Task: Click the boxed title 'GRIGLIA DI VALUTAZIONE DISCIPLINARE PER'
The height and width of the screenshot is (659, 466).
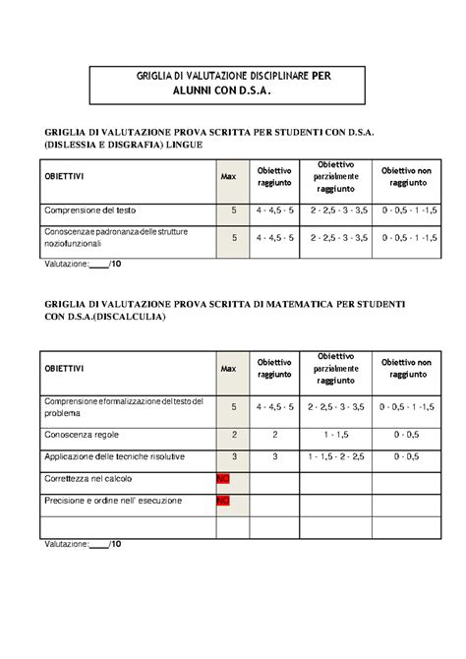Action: pyautogui.click(x=227, y=76)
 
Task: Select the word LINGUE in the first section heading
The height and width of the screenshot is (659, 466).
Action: pyautogui.click(x=184, y=145)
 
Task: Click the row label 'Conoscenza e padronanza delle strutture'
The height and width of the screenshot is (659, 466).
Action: pyautogui.click(x=116, y=232)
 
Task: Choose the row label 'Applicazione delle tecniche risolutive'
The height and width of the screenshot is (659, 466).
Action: pyautogui.click(x=109, y=456)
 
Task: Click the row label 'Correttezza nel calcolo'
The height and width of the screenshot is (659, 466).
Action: pyautogui.click(x=88, y=478)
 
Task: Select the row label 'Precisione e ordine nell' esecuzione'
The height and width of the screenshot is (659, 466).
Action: pyautogui.click(x=113, y=501)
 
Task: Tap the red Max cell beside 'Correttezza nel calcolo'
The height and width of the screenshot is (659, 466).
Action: pyautogui.click(x=223, y=479)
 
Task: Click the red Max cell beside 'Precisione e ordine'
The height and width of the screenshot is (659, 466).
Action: pyautogui.click(x=223, y=501)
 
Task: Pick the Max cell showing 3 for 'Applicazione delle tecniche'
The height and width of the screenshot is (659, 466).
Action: pyautogui.click(x=234, y=456)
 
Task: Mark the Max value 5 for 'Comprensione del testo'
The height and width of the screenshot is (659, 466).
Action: pyautogui.click(x=234, y=210)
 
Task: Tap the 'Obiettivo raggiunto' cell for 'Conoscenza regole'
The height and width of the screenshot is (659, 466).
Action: pyautogui.click(x=275, y=434)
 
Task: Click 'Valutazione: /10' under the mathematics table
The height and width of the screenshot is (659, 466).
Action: pyautogui.click(x=83, y=543)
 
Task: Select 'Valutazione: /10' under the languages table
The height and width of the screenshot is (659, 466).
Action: pyautogui.click(x=83, y=264)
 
